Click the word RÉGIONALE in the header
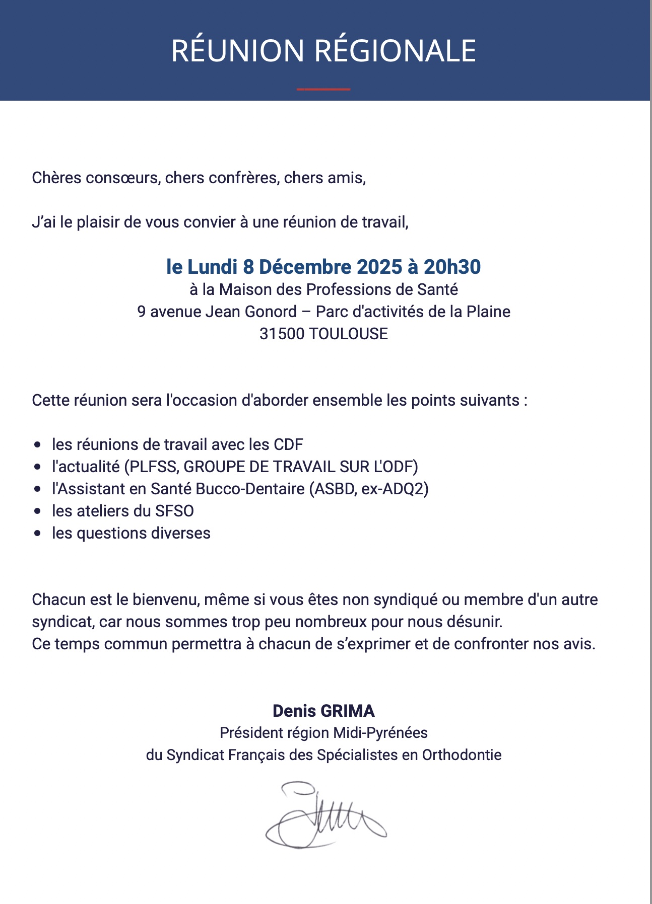point(395,51)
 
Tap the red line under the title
point(323,89)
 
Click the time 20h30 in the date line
point(452,267)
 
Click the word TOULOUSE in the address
point(348,334)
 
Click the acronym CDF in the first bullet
point(288,444)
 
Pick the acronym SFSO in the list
point(174,511)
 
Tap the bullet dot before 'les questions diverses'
point(38,534)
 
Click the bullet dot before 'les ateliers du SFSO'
point(38,511)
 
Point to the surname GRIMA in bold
point(347,711)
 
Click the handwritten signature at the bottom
point(324,815)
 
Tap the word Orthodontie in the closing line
point(462,755)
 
